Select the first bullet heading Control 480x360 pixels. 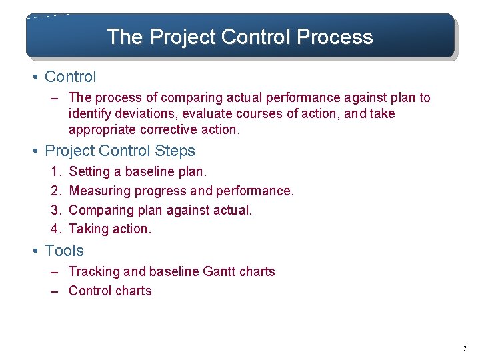tap(70, 77)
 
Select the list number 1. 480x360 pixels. tap(55, 172)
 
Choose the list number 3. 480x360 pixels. tap(56, 211)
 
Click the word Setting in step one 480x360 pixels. tap(90, 172)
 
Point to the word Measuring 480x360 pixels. tap(100, 191)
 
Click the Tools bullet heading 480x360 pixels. tap(64, 251)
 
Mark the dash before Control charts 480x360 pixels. tap(55, 291)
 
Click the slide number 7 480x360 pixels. tap(465, 349)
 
